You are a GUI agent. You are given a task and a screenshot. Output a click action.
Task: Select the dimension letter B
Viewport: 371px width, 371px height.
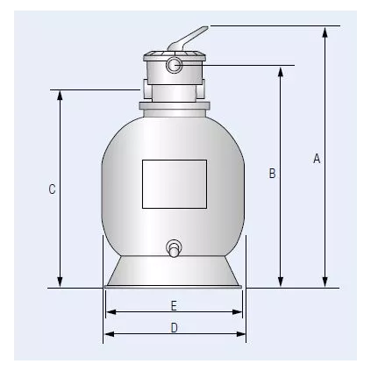(x=272, y=174)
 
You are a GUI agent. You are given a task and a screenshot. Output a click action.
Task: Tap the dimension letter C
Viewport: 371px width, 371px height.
(x=52, y=189)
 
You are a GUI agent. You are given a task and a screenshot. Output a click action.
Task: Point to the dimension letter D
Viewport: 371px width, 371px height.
(x=175, y=328)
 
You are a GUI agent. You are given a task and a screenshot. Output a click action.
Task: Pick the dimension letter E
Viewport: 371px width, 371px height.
(x=175, y=305)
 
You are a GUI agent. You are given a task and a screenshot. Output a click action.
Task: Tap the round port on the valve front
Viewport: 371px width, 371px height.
(x=175, y=65)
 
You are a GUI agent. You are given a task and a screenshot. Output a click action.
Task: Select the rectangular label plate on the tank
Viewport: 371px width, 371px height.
(x=175, y=183)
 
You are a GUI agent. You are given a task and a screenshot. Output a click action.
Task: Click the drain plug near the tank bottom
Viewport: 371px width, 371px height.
(x=175, y=249)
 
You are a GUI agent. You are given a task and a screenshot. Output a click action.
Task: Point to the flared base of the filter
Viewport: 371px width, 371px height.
(x=175, y=274)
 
